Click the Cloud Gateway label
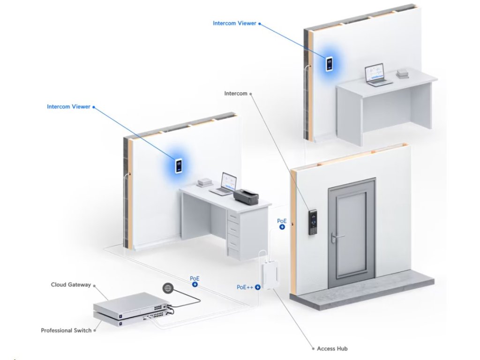[71, 285]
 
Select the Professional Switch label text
[66, 330]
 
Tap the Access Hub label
[332, 349]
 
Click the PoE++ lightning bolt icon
[258, 287]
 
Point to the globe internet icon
[167, 288]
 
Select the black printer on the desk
[247, 196]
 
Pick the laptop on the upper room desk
[377, 75]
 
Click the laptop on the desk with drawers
[225, 184]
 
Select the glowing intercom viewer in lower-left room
[179, 166]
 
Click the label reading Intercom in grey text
[235, 94]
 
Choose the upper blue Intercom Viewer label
[234, 23]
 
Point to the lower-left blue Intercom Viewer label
[68, 107]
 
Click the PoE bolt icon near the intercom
[282, 227]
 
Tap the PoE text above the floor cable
[195, 278]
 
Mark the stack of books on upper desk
[402, 74]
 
